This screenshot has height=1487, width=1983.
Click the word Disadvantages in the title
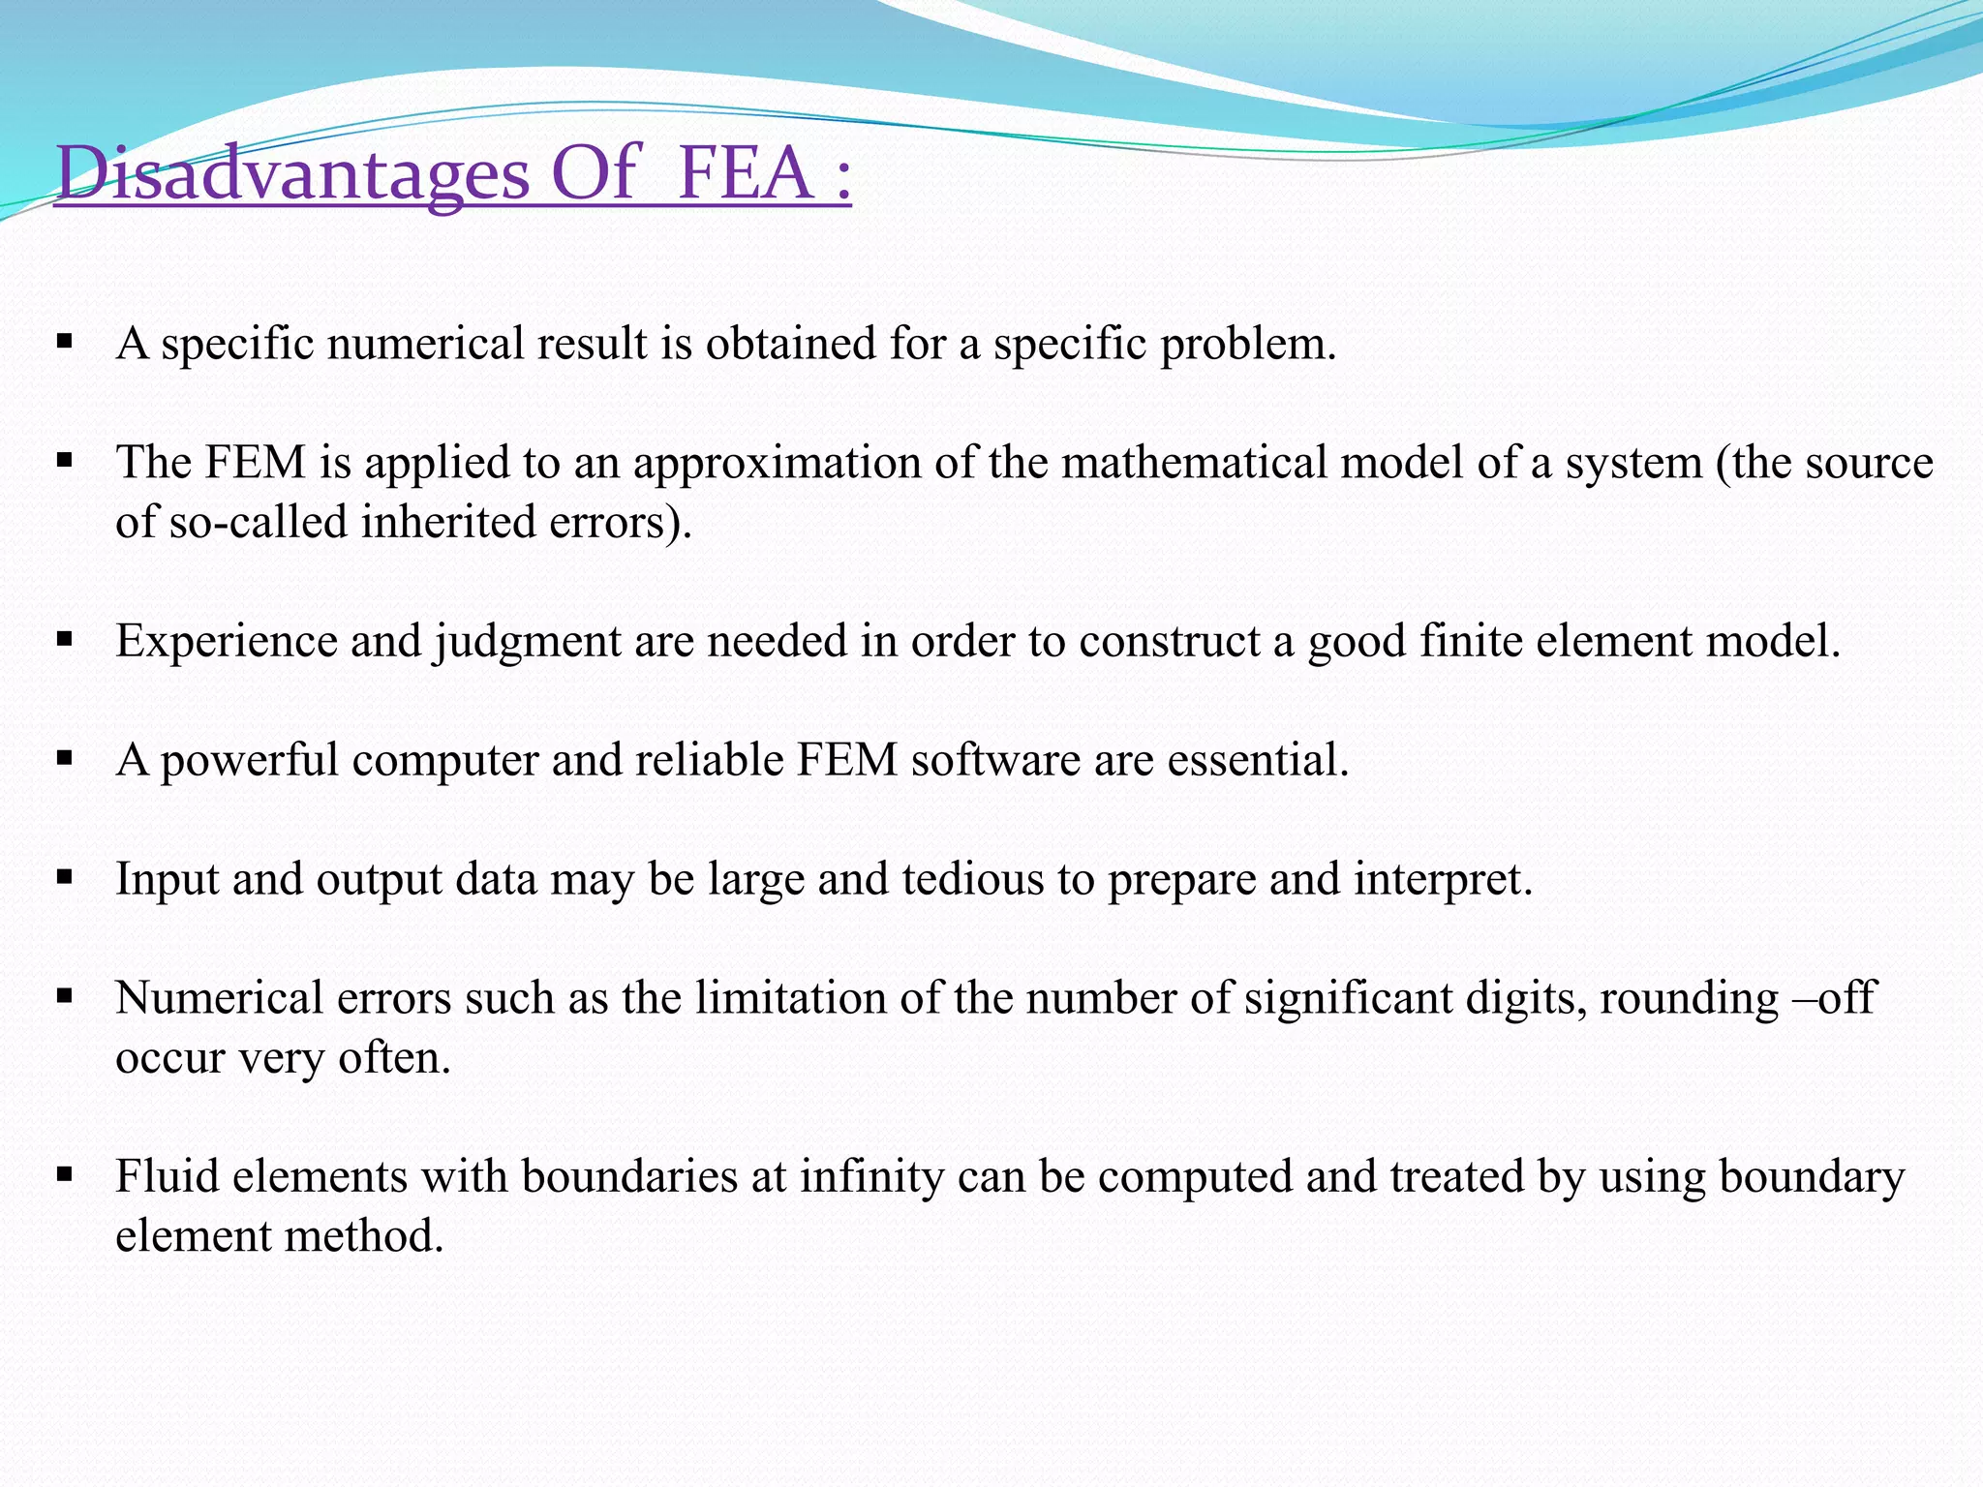tap(291, 174)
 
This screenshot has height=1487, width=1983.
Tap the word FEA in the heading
tap(745, 174)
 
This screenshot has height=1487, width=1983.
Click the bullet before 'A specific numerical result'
tap(65, 342)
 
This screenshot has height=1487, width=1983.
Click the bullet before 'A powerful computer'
tap(65, 759)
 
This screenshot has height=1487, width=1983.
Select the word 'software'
tap(994, 759)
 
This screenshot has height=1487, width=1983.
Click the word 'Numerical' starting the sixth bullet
tap(219, 998)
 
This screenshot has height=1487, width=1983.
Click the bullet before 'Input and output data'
tap(65, 878)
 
